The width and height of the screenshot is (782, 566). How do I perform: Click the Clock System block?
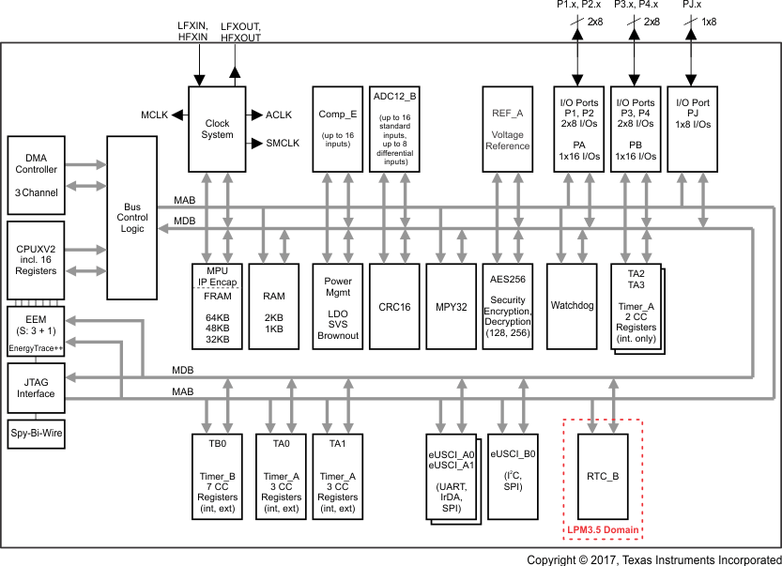[217, 129]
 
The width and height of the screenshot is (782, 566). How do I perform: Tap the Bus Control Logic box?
[132, 217]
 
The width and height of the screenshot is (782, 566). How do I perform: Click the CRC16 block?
[393, 307]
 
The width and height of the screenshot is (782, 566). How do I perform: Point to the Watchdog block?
[571, 307]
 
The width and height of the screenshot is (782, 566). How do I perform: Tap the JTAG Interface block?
[37, 387]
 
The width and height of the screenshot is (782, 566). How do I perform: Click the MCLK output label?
[155, 115]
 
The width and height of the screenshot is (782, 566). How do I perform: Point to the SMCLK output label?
[282, 144]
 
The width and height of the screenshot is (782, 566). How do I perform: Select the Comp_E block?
[337, 129]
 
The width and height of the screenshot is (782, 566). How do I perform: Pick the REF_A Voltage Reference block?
[507, 129]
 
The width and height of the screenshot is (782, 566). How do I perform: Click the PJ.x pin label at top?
[691, 6]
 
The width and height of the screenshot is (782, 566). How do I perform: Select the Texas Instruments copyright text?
[652, 559]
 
